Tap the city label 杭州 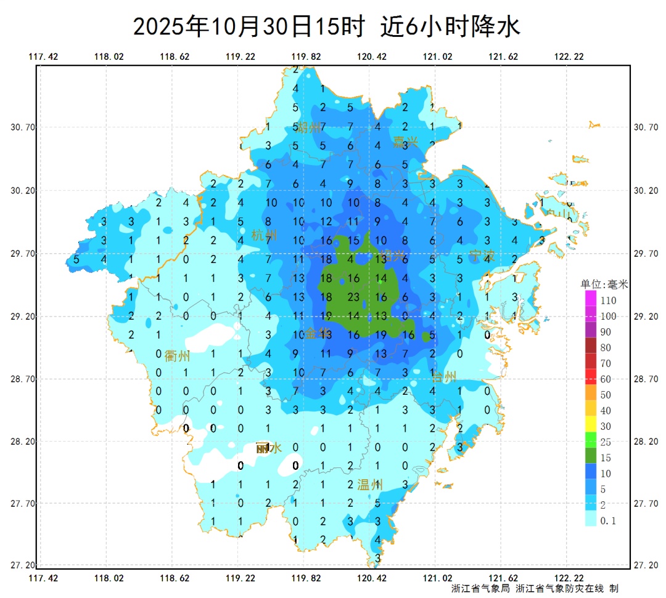tap(265, 235)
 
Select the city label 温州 tap(370, 485)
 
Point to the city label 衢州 tap(177, 356)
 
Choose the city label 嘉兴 tap(406, 142)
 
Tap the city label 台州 tap(444, 376)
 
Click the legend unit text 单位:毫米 tap(604, 285)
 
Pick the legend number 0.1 tap(609, 521)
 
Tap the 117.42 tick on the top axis tap(43, 57)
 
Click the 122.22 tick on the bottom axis tap(569, 578)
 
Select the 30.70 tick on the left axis tap(22, 127)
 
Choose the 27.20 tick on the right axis tap(646, 565)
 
